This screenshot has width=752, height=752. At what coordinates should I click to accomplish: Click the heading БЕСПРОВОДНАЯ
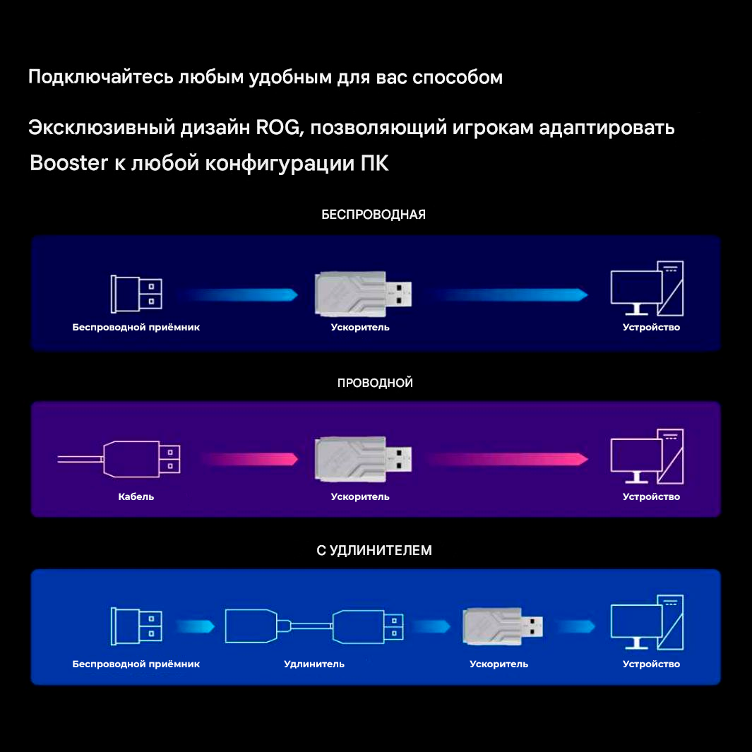click(374, 215)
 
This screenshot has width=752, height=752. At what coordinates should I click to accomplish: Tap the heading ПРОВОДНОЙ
click(375, 383)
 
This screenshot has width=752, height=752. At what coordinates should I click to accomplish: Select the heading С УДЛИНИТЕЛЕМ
click(374, 550)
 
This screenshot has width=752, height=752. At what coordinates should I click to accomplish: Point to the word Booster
click(68, 164)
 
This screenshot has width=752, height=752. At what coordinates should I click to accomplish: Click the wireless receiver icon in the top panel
click(136, 294)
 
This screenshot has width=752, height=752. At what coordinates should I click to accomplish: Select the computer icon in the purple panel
click(647, 457)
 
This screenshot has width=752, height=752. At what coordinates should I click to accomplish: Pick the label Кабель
click(136, 496)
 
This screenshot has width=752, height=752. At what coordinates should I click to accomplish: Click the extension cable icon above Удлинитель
click(314, 626)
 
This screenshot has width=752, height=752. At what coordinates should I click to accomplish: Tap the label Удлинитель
click(314, 664)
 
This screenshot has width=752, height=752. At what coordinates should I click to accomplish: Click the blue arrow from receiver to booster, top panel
click(237, 294)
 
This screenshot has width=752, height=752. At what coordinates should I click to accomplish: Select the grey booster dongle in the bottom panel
click(503, 626)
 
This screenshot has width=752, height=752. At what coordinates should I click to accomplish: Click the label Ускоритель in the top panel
click(360, 328)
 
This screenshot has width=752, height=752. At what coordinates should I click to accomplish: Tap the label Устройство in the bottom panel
click(651, 664)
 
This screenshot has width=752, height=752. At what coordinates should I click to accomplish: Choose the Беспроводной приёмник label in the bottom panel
click(136, 664)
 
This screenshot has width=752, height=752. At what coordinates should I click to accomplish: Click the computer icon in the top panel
click(647, 289)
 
